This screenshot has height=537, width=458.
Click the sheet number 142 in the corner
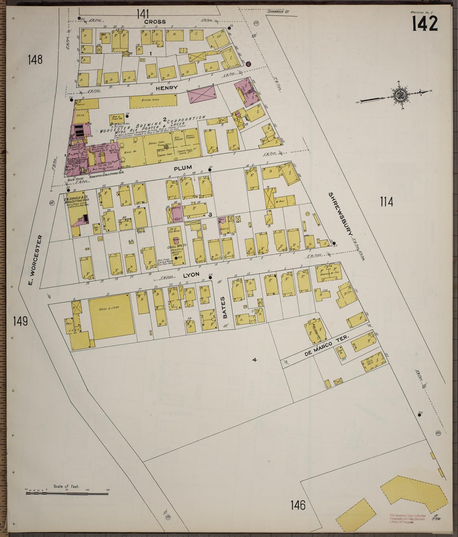(425, 23)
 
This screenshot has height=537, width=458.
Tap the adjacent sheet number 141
(143, 14)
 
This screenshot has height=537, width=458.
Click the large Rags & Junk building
(111, 317)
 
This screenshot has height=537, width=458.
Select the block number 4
(254, 360)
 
